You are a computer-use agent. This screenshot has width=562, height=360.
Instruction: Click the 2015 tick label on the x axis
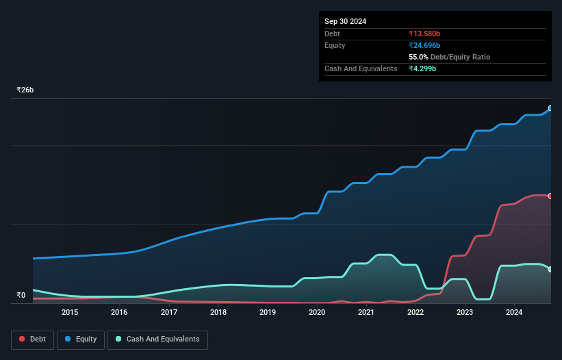click(70, 313)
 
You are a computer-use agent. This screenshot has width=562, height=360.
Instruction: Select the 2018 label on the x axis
click(218, 313)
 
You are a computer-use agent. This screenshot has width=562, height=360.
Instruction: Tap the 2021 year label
click(366, 313)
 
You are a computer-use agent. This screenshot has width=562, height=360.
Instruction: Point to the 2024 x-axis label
click(514, 313)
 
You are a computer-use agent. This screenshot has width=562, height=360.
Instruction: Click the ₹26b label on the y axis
click(25, 90)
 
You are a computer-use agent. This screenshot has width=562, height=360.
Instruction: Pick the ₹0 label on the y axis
click(21, 296)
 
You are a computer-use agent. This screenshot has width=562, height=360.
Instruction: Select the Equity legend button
click(81, 339)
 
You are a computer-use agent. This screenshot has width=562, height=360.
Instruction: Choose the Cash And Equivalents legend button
click(157, 339)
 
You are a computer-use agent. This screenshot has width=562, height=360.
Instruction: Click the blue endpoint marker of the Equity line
click(550, 108)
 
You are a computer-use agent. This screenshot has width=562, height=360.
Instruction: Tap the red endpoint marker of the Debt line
click(550, 196)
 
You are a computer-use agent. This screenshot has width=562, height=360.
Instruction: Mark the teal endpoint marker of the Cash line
click(550, 269)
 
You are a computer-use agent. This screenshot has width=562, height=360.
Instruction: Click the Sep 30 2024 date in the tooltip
click(345, 21)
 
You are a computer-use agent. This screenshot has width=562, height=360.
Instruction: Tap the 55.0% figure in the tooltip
click(419, 57)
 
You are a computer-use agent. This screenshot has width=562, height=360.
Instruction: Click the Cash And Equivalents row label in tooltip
click(361, 68)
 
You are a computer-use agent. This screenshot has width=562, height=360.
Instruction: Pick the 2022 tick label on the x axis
click(416, 313)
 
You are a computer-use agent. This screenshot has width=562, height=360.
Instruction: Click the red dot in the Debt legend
click(23, 339)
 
